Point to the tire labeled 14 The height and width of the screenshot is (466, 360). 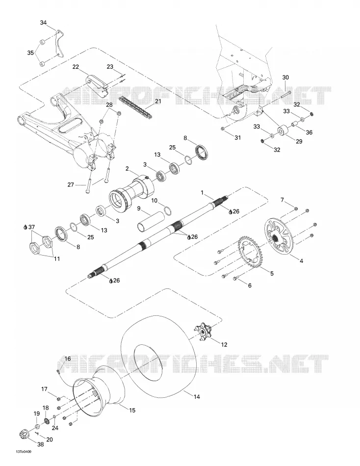pyautogui.click(x=159, y=357)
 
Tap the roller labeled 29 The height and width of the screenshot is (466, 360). pyautogui.click(x=283, y=131)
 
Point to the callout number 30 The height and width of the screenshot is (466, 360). pyautogui.click(x=285, y=78)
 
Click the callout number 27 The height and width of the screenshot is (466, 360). pyautogui.click(x=71, y=185)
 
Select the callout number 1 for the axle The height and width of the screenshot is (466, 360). pyautogui.click(x=202, y=193)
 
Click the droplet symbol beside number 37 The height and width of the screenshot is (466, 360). pyautogui.click(x=26, y=227)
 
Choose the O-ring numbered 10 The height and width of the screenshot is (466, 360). pyautogui.click(x=168, y=210)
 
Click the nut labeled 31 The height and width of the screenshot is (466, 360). pyautogui.click(x=223, y=129)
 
